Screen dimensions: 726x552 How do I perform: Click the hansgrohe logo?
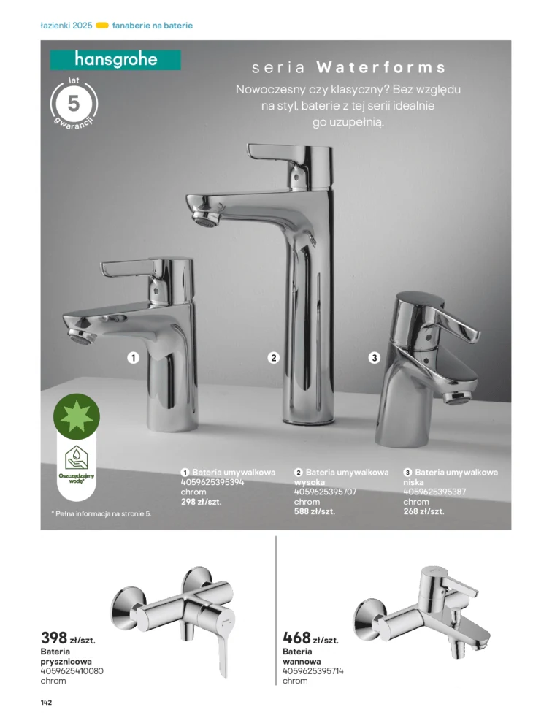[x=115, y=59]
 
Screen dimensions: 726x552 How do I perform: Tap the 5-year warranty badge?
[x=73, y=103]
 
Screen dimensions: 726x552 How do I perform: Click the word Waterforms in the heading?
[x=380, y=68]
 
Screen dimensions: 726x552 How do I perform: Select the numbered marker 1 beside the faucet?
[x=133, y=358]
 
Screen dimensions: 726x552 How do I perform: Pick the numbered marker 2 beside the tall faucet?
[x=274, y=358]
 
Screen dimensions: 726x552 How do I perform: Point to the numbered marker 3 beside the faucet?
[x=375, y=358]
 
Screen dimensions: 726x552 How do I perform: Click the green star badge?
[x=77, y=416]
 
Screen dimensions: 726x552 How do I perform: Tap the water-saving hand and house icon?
[x=77, y=457]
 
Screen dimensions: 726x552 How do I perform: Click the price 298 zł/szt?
[x=201, y=502]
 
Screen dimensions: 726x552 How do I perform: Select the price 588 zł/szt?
[x=315, y=511]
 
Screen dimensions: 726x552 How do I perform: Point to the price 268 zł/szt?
[x=423, y=511]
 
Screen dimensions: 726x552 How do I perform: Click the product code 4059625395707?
[x=325, y=492]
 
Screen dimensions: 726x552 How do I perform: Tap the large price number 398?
[x=54, y=638]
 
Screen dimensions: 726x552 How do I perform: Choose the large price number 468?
[x=296, y=638]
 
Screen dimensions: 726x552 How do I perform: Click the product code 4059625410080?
[x=72, y=670]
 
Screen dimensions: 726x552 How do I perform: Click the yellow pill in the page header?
[x=102, y=26]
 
